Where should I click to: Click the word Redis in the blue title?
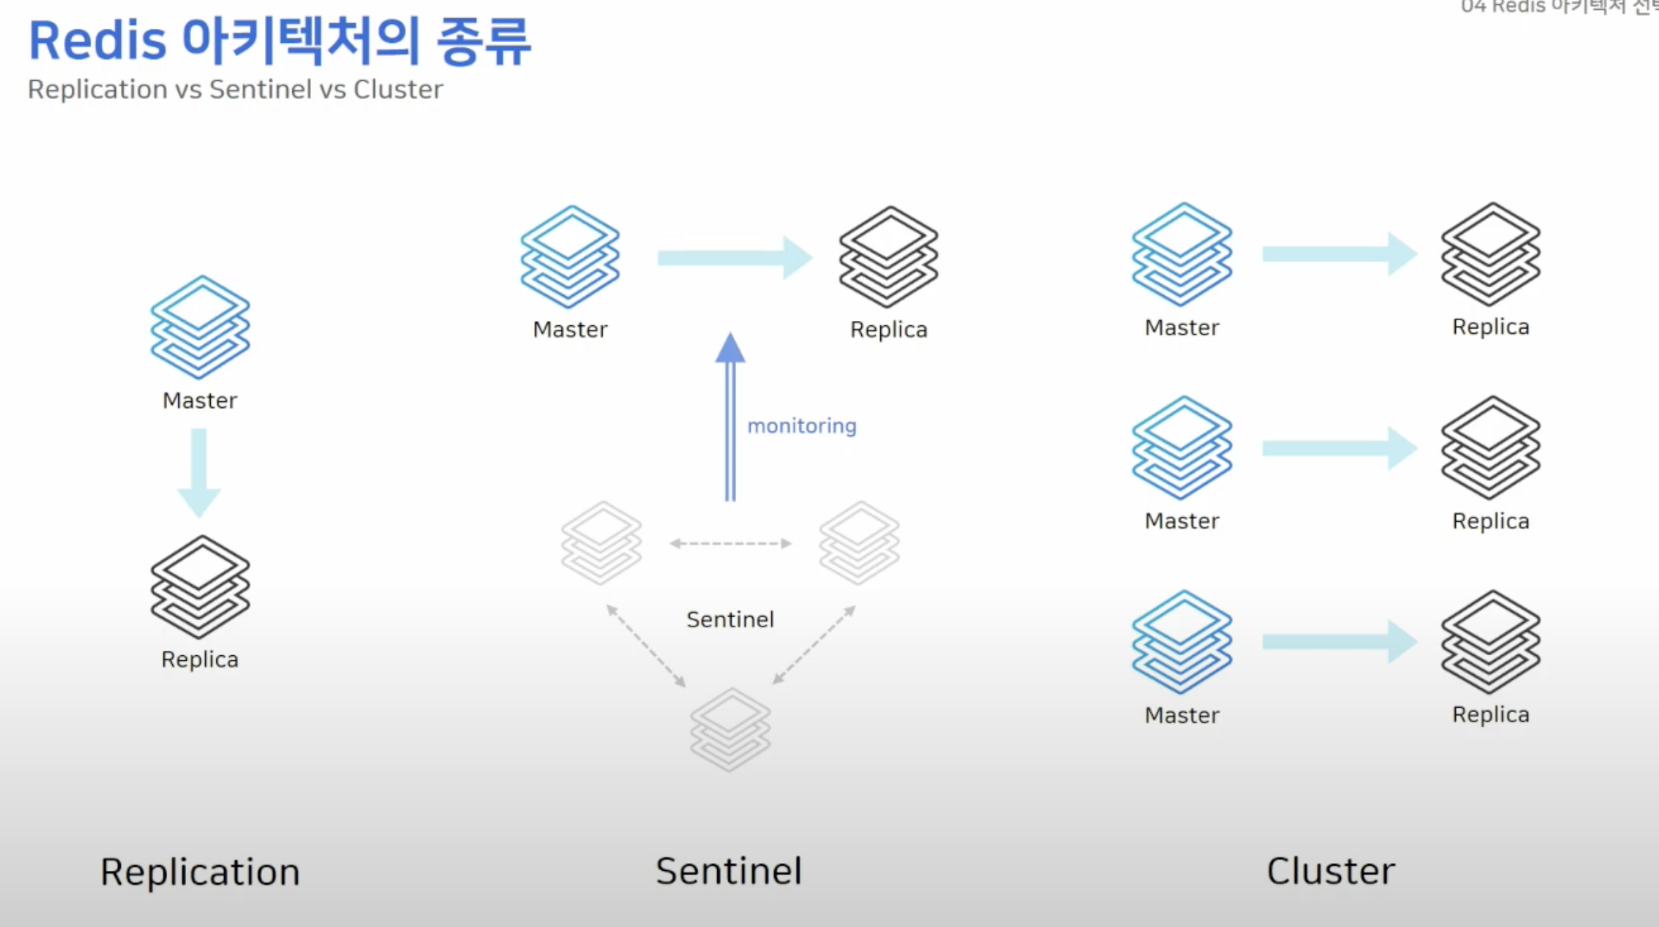click(x=98, y=41)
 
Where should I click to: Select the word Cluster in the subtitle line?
click(x=398, y=90)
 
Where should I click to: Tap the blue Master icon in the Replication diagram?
click(x=200, y=327)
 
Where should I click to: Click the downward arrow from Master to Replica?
click(x=199, y=472)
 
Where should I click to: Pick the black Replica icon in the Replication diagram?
click(x=200, y=587)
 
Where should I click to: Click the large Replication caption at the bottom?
click(x=200, y=872)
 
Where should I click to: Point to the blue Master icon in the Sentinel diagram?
click(x=570, y=257)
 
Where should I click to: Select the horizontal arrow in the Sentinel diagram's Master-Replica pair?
click(x=734, y=258)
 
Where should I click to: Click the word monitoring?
click(x=801, y=426)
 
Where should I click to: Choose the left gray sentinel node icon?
click(x=601, y=543)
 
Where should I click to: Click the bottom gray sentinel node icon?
click(x=730, y=730)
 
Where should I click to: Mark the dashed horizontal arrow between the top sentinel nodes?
click(x=730, y=544)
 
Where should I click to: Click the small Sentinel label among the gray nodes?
click(x=730, y=619)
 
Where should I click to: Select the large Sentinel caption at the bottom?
click(x=728, y=871)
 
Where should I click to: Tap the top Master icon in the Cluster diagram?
click(x=1182, y=254)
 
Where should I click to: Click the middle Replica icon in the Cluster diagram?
click(x=1490, y=448)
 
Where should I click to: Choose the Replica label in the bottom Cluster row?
click(x=1490, y=714)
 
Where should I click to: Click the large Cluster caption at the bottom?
click(x=1330, y=871)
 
